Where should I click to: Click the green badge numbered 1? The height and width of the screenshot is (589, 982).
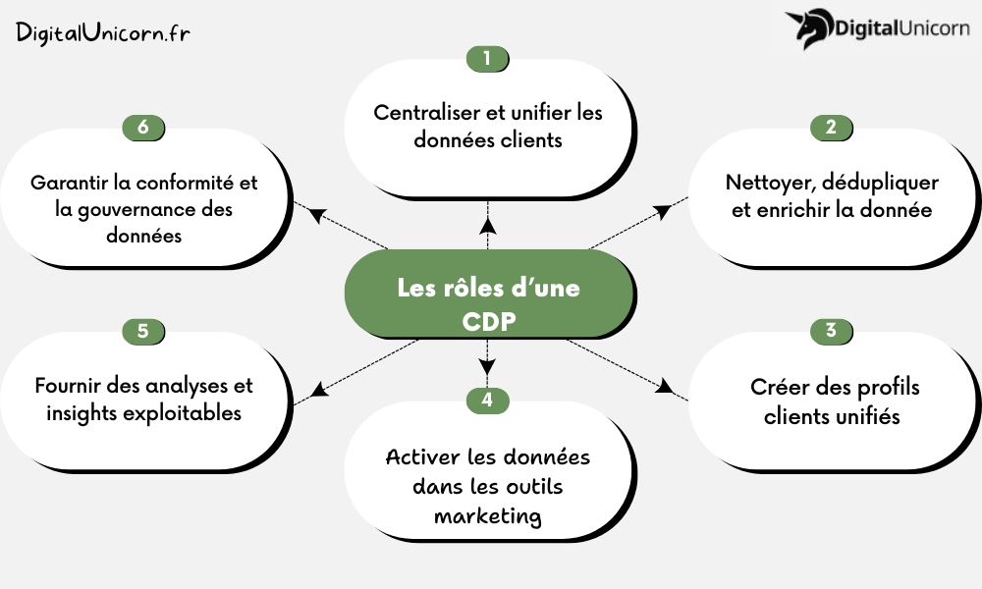point(488,59)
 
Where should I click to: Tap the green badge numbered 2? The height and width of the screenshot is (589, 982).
point(831,128)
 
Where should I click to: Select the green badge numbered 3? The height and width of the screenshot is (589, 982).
point(831,331)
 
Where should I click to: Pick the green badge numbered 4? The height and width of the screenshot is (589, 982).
point(488,400)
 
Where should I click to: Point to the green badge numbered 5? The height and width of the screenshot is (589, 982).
point(143,331)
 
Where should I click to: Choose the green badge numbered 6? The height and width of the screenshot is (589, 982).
point(143,128)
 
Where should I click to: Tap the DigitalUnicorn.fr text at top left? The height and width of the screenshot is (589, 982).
point(103,32)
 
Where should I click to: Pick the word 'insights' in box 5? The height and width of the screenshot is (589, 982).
point(82,413)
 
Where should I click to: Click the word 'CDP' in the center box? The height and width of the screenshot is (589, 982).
point(488,321)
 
